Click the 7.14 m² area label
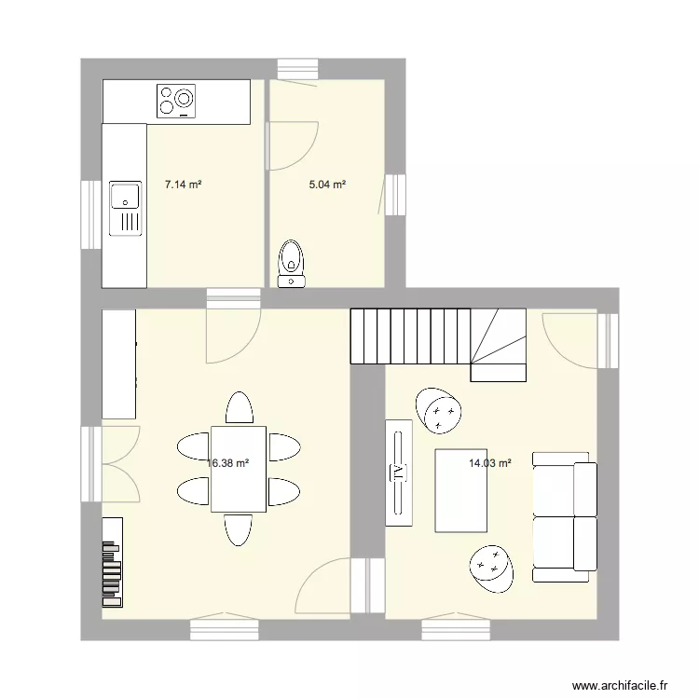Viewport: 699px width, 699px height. (184, 185)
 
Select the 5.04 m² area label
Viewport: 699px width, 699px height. (328, 185)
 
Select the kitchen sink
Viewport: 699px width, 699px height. (125, 207)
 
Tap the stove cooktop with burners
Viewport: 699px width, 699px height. (177, 101)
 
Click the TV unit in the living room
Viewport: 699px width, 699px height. (399, 473)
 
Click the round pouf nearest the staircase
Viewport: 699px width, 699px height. (439, 410)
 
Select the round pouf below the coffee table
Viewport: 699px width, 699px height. (490, 567)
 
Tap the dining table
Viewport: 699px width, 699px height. (239, 469)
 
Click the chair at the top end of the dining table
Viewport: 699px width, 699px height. (239, 408)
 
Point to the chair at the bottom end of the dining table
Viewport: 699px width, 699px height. (239, 529)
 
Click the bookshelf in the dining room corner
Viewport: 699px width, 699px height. (112, 556)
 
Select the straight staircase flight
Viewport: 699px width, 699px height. (410, 336)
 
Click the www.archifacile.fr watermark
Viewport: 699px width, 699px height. (621, 685)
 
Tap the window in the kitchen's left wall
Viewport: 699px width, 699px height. (90, 214)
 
